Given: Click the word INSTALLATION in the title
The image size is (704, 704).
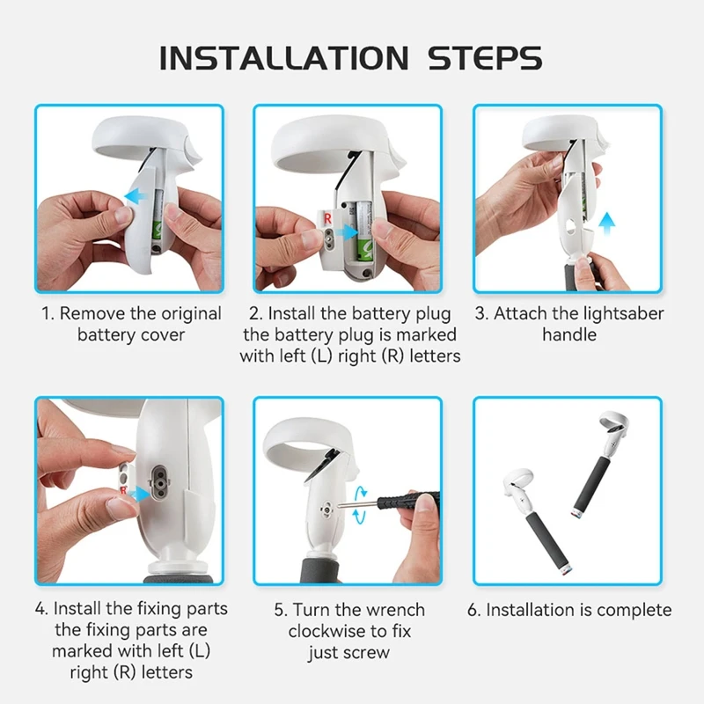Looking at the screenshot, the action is [x=283, y=58].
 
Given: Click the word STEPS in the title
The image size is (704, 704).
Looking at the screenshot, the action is [x=485, y=58].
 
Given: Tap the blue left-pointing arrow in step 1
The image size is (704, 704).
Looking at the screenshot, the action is [x=136, y=195].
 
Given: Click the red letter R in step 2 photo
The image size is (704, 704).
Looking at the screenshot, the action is [x=327, y=218].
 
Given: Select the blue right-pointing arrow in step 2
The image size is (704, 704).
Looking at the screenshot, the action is [x=346, y=232].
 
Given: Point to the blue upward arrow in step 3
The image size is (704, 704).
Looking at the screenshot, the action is [x=607, y=224].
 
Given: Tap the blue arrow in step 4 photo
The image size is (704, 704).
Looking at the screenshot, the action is [x=140, y=494].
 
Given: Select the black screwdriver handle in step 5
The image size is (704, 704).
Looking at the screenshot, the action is [x=407, y=500].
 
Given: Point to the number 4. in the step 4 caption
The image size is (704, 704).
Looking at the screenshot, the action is [x=41, y=609].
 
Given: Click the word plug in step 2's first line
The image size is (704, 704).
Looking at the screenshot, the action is [x=433, y=314].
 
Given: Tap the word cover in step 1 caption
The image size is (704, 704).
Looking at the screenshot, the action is [x=163, y=335].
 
